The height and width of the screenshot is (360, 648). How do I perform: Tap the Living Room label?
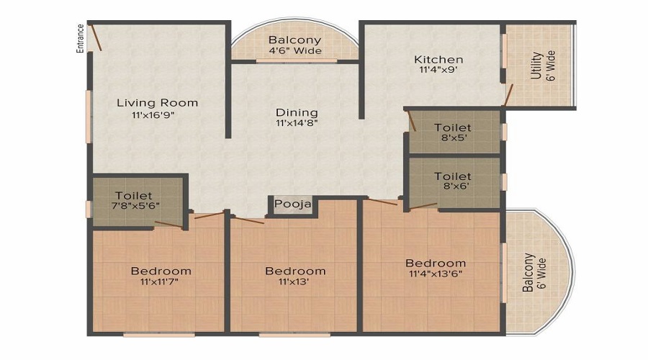(x=157, y=103)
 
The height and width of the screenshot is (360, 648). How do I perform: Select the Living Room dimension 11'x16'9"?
(x=154, y=115)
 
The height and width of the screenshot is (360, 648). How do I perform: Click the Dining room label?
(x=297, y=112)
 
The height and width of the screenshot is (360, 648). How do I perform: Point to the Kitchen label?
(x=438, y=59)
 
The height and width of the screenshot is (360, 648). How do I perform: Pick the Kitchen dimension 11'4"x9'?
(x=438, y=71)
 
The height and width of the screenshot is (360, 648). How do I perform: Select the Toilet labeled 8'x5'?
(x=454, y=132)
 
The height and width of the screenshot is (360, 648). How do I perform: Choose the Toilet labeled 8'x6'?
(x=454, y=181)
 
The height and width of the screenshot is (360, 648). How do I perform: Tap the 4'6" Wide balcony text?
(x=295, y=51)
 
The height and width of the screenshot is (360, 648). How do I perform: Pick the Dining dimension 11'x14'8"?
(x=297, y=124)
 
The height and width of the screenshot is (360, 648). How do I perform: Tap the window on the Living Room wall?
(x=89, y=115)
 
